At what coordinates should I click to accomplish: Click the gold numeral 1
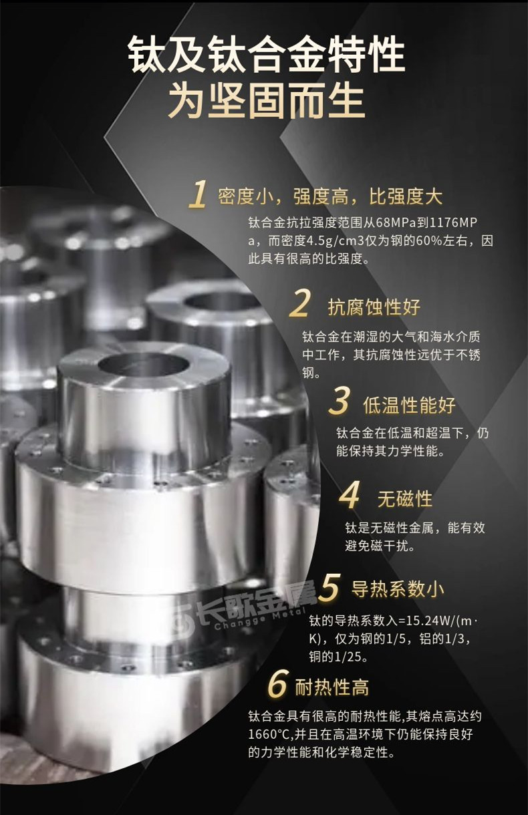pos(197,195)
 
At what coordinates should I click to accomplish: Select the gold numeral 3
pos(340,403)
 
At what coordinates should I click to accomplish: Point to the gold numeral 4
pos(350,498)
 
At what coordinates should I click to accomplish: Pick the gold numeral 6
pos(277,685)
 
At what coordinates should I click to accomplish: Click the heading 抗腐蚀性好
pos(374,307)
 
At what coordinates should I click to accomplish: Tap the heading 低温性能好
pos(409,405)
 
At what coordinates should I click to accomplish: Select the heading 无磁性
pos(405,499)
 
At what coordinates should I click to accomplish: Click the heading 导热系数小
pos(398,589)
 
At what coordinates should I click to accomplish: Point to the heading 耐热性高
pos(332,687)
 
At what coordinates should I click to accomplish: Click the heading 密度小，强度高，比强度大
pos(330,196)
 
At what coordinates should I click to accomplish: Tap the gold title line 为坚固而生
pos(265,101)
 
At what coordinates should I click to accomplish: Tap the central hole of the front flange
pos(142,365)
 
